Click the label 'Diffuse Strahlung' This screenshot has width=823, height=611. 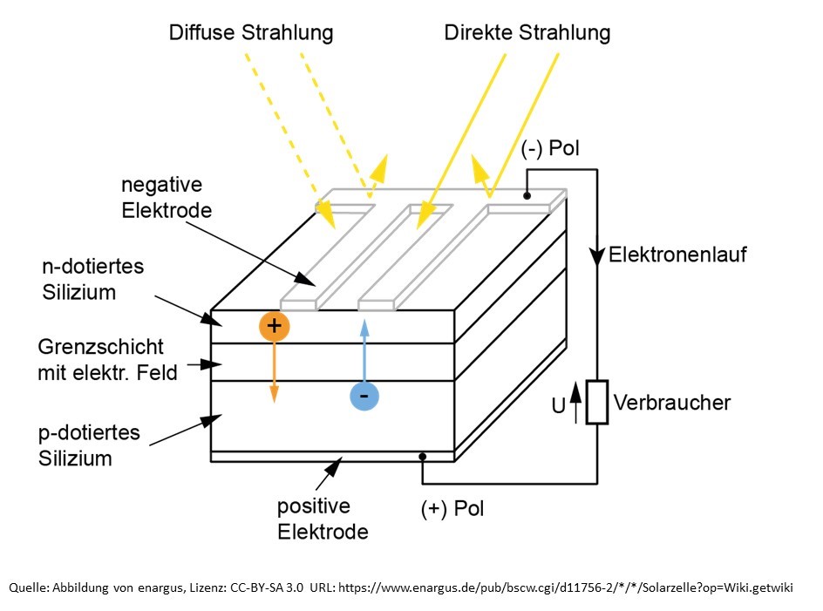pyautogui.click(x=252, y=34)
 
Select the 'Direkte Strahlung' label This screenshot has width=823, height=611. pyautogui.click(x=527, y=34)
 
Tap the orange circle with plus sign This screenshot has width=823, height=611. pyautogui.click(x=275, y=326)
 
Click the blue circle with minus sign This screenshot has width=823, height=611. pyautogui.click(x=364, y=397)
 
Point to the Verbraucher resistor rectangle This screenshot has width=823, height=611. pyautogui.click(x=597, y=402)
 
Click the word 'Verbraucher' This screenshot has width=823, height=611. pyautogui.click(x=672, y=403)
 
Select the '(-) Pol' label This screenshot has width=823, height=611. pyautogui.click(x=550, y=149)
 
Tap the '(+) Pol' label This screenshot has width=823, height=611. pyautogui.click(x=452, y=508)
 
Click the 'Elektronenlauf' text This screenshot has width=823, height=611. pyautogui.click(x=677, y=255)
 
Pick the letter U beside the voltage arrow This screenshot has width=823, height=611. pyautogui.click(x=559, y=404)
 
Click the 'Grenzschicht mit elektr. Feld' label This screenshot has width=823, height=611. pyautogui.click(x=107, y=360)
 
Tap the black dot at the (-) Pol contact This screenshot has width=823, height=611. pyautogui.click(x=527, y=196)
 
